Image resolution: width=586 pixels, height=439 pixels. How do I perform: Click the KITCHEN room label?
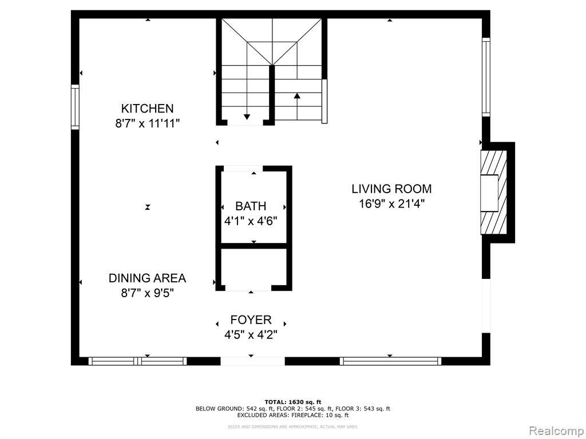147,108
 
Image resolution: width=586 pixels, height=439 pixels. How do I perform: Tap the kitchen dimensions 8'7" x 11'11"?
147,123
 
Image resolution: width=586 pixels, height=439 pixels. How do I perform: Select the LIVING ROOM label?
391,189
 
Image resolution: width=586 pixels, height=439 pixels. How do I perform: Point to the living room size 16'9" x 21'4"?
391,204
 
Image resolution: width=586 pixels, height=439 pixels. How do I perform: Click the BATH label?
251,206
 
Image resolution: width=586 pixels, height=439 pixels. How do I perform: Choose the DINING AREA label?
147,278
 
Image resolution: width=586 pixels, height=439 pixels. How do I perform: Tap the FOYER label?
251,320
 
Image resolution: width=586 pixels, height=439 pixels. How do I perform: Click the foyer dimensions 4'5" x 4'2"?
251,335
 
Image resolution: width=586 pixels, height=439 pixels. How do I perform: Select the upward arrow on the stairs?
297,106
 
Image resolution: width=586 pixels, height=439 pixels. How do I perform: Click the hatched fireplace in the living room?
493,193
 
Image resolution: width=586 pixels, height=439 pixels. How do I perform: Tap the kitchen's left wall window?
75,107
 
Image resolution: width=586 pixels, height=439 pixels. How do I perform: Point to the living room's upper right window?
486,77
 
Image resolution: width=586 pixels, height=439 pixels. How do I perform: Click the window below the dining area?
137,361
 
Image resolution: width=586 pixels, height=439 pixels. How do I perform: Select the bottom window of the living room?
390,361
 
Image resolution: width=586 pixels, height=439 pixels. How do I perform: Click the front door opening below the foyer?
252,361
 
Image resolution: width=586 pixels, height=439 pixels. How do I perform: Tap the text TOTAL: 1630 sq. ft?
293,402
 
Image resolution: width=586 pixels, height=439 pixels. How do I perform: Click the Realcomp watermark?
556,431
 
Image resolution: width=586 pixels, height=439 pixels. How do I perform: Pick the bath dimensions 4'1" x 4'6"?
251,221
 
